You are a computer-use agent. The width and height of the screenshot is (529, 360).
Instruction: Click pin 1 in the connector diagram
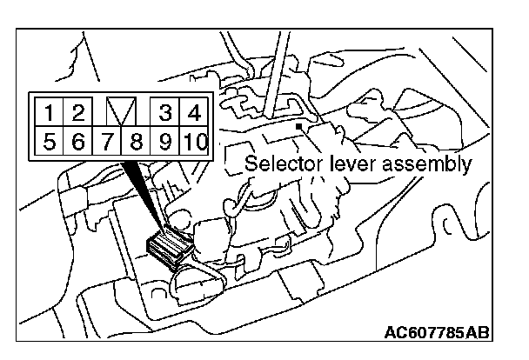coord(51,112)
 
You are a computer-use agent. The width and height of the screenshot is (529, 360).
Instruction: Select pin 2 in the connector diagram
coord(77,112)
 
